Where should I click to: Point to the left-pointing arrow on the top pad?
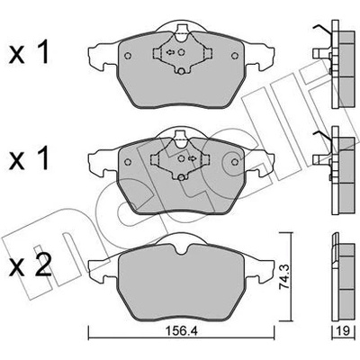[170, 52]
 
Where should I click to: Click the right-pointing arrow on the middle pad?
[192, 158]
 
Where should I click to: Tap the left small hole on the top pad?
[128, 56]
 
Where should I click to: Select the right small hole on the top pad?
[235, 56]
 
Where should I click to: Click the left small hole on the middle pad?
[128, 162]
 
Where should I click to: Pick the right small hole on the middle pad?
[235, 162]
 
